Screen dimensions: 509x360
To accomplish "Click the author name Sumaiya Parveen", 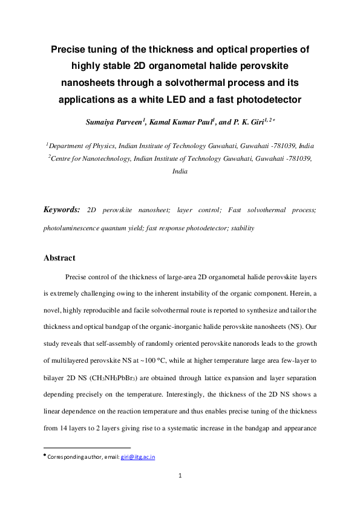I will point(114,122).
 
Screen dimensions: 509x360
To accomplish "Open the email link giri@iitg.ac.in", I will point(138,456).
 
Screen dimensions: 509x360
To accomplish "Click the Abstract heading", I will point(59,258).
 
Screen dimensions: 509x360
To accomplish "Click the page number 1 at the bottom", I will point(180,476).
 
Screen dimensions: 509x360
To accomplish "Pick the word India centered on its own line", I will point(180,172).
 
